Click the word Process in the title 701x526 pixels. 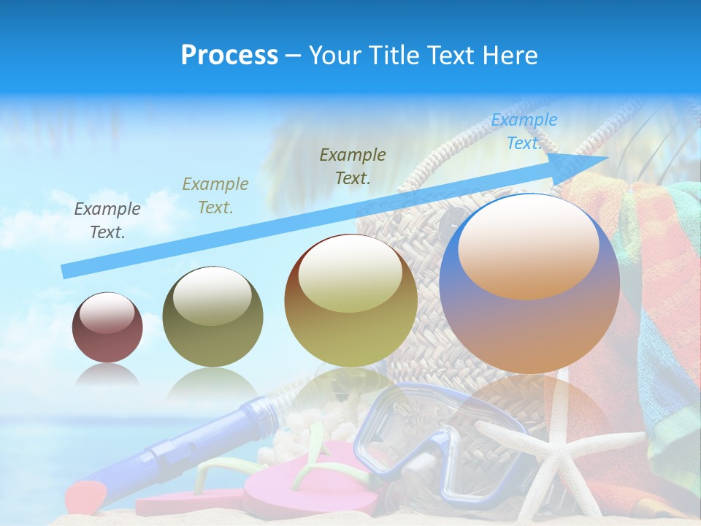pos(229,56)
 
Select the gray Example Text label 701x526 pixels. pos(107,221)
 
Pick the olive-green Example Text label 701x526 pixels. pos(215,196)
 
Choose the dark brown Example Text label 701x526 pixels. pos(353,166)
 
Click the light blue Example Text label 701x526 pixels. pos(524,131)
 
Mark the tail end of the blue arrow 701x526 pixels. pos(67,271)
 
